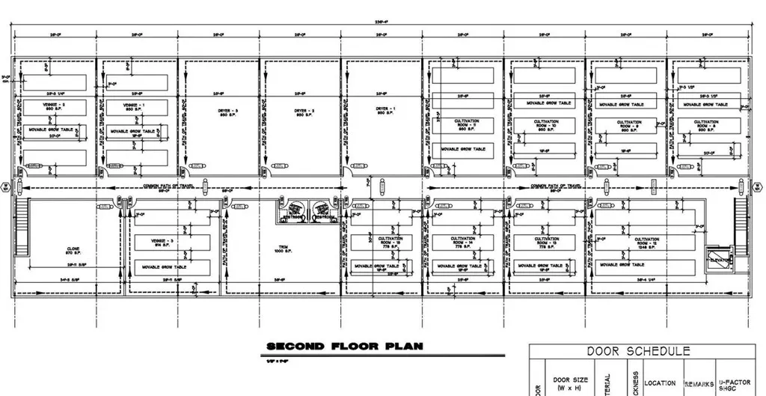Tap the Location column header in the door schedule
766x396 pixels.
[x=661, y=383]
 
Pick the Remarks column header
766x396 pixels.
[x=699, y=383]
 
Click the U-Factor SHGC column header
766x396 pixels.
[x=735, y=383]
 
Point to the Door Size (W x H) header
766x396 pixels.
[x=570, y=384]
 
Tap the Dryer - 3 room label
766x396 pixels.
[x=223, y=112]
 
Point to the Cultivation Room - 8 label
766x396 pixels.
[x=705, y=125]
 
